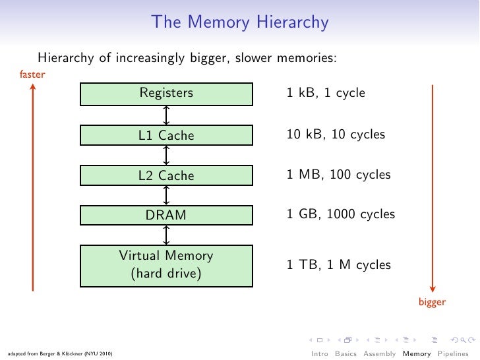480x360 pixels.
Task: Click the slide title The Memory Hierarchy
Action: pos(240,22)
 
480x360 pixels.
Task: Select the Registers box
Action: pos(166,94)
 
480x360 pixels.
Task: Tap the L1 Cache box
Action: pos(166,136)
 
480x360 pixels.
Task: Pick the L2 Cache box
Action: pos(166,175)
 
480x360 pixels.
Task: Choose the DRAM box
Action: pos(166,215)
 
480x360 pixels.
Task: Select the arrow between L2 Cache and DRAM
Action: pos(167,195)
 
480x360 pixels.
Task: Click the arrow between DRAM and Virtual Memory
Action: pos(167,235)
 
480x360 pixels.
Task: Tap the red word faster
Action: pos(32,75)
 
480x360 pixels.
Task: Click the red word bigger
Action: pos(433,303)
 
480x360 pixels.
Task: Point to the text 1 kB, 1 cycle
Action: pos(326,94)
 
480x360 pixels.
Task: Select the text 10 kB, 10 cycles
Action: pos(336,135)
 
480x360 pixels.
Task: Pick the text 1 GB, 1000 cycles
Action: pos(340,215)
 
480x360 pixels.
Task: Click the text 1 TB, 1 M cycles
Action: pos(338,265)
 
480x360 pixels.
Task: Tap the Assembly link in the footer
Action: pos(380,353)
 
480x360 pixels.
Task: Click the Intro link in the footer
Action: pos(320,353)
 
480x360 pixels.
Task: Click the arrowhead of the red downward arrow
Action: pos(433,288)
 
